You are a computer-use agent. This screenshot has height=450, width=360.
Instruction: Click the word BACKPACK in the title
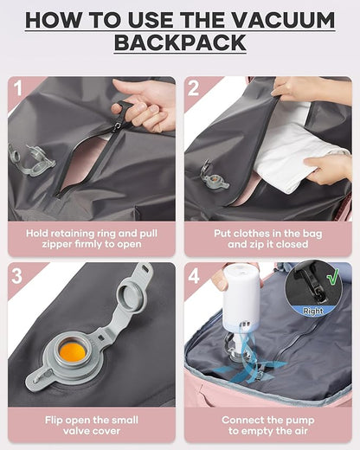click(179, 42)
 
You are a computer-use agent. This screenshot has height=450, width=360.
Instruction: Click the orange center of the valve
click(73, 351)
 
